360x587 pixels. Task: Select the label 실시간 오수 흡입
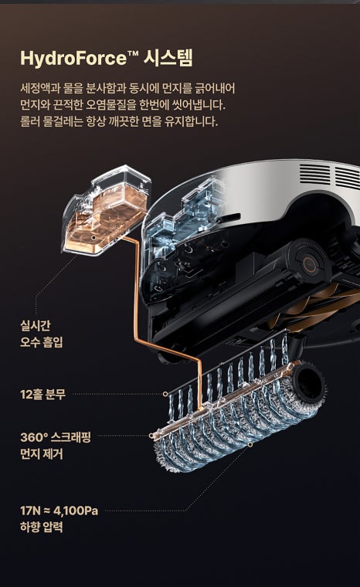coord(41,334)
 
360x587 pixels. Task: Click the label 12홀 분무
coord(42,394)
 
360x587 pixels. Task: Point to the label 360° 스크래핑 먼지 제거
coord(56,446)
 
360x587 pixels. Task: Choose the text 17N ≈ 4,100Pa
coord(59,511)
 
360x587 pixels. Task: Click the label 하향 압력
coord(41,528)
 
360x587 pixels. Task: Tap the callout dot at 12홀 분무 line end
coord(165,394)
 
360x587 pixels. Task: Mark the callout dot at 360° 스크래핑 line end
coord(151,436)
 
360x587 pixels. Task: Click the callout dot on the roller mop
coord(250,444)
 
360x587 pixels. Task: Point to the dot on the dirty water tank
coord(93,237)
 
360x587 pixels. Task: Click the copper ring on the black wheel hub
coord(310,264)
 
